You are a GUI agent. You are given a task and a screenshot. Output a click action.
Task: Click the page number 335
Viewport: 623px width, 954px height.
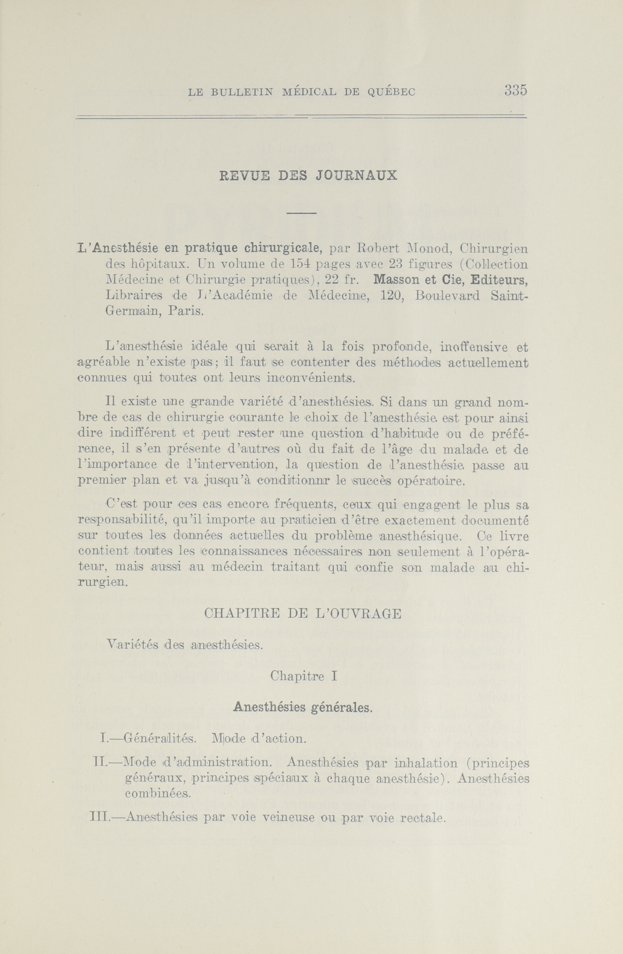(515, 90)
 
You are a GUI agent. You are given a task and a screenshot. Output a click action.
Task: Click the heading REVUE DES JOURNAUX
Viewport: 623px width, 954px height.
(308, 176)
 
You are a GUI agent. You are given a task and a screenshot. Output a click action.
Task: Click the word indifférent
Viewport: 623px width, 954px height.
(143, 433)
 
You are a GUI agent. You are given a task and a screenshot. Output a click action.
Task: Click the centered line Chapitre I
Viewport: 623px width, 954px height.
(303, 676)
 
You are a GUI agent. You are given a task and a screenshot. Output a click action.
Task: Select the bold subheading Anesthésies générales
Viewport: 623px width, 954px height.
(302, 707)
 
